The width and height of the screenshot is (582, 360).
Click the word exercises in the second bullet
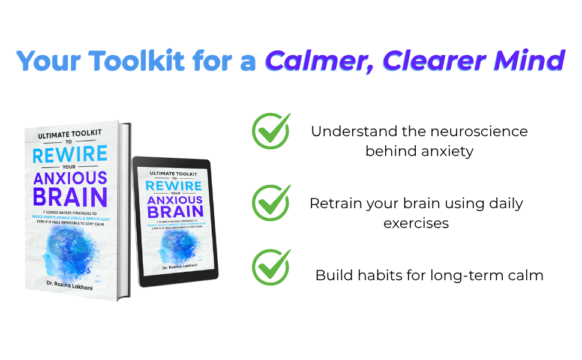coord(416,223)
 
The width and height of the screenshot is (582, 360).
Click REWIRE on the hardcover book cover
coord(70,154)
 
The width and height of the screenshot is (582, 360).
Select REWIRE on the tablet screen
coord(173,186)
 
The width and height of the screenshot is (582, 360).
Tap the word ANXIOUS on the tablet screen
coord(173,201)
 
